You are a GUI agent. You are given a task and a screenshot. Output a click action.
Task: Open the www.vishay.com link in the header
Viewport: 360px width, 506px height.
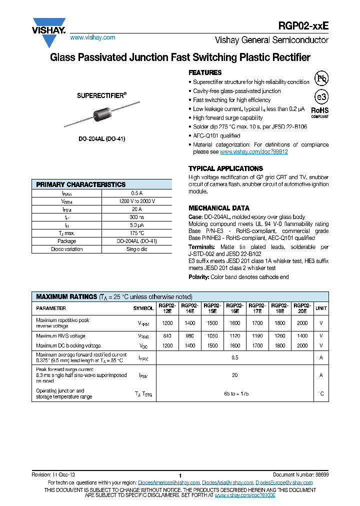point(92,37)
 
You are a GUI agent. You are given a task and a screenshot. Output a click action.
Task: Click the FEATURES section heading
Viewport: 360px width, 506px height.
point(205,72)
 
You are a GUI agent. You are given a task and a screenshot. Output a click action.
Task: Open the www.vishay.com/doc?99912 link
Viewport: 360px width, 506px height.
point(253,151)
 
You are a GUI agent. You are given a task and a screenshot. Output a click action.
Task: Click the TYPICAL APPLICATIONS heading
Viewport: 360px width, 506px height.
point(225,168)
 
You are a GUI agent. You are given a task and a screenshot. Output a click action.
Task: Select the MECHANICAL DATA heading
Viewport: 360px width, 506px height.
point(219,208)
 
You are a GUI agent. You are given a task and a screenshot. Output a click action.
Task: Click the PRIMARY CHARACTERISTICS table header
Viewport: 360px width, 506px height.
point(81,184)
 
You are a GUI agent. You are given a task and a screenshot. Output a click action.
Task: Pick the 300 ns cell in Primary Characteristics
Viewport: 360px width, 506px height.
point(136,217)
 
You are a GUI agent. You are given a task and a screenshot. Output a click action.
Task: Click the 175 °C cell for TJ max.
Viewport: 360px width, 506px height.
point(136,233)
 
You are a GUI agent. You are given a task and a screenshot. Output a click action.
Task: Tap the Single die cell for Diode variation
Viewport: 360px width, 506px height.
point(136,249)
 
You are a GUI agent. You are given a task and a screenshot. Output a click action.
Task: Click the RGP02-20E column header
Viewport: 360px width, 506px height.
point(302,308)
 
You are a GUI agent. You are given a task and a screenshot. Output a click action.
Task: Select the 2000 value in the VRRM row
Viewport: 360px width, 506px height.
point(302,323)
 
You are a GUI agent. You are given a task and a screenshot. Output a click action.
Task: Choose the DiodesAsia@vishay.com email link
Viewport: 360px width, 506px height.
point(227,482)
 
